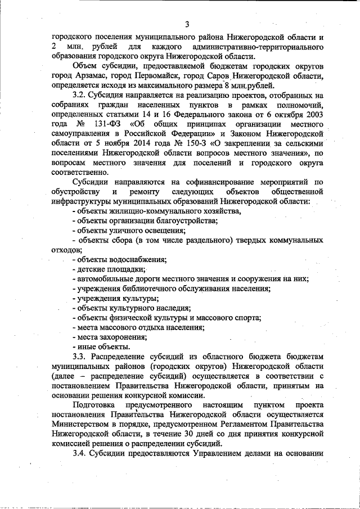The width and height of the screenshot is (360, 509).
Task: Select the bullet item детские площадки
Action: [109, 269]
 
